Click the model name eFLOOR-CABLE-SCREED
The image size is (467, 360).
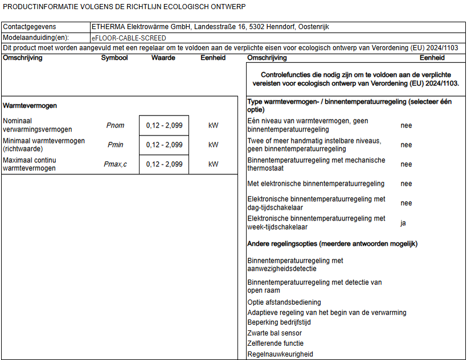pos(129,38)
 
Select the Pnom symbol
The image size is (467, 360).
pos(115,125)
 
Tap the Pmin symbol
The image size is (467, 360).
pos(115,145)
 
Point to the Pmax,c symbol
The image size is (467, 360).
pos(115,164)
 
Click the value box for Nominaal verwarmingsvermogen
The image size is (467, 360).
pos(164,125)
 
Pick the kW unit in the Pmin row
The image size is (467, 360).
pos(214,145)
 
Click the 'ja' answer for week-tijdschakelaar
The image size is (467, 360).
pos(403,223)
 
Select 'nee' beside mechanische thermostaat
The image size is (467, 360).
pos(406,164)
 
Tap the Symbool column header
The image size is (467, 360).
pos(114,58)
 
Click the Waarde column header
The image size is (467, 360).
pos(163,58)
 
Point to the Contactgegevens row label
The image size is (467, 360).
pos(30,27)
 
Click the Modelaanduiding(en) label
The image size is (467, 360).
pos(36,38)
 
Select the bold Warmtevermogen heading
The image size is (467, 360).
pos(30,105)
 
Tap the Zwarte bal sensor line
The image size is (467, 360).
pos(275,333)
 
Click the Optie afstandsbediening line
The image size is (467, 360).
pos(284,302)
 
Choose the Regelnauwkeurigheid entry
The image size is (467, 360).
pos(280,354)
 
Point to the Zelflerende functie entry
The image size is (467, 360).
pos(276,343)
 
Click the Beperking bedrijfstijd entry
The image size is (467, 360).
pos(279,322)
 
